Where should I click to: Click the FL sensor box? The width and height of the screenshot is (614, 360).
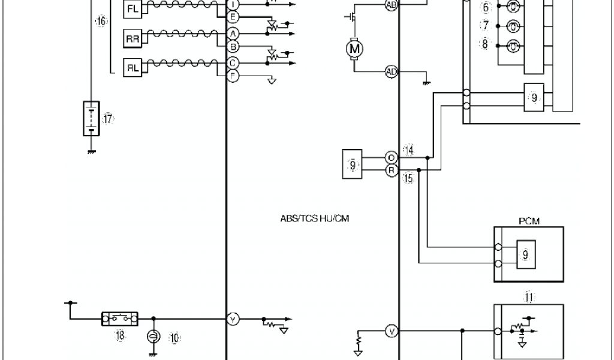click(133, 9)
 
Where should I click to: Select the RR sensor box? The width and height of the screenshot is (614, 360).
click(133, 39)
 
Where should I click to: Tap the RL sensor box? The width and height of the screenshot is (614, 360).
click(133, 68)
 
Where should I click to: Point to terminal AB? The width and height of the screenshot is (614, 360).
click(391, 5)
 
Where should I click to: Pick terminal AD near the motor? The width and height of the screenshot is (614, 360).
click(391, 72)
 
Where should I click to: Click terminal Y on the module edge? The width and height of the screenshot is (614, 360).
click(233, 319)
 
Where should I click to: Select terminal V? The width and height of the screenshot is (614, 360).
click(391, 331)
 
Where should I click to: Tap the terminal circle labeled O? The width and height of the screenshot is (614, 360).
click(391, 158)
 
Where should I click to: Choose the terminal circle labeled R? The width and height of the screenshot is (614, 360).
click(391, 171)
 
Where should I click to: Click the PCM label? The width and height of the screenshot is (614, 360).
click(528, 221)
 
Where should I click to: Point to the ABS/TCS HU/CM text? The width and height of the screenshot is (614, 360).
click(314, 219)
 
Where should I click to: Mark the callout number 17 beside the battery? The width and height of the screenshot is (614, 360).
click(107, 119)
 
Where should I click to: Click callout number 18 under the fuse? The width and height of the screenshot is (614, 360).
click(120, 336)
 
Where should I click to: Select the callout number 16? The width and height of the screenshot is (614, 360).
click(101, 22)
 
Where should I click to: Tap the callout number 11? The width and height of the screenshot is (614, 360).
click(529, 296)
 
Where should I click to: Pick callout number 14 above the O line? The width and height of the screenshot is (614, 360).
click(409, 150)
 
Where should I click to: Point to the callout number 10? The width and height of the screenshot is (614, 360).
click(174, 338)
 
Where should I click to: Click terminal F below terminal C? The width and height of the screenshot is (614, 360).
click(233, 76)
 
